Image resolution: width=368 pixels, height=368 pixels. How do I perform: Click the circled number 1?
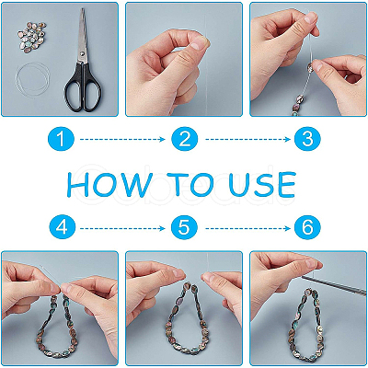click(x=61, y=140)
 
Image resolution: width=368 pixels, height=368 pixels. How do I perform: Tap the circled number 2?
click(x=184, y=140)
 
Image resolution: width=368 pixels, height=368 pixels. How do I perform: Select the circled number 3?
click(x=307, y=140)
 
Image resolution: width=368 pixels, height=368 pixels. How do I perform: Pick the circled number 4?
click(x=63, y=228)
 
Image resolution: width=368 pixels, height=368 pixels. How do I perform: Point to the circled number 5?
click(x=184, y=228)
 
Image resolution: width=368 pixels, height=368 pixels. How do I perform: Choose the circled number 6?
click(x=307, y=228)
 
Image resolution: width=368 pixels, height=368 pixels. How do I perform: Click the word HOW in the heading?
click(x=109, y=185)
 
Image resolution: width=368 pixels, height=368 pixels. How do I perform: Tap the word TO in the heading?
click(x=191, y=185)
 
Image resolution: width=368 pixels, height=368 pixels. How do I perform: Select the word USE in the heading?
click(x=262, y=185)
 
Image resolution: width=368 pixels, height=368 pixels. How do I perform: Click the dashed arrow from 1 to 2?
click(x=122, y=140)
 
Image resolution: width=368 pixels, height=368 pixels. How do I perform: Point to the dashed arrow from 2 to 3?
click(x=247, y=140)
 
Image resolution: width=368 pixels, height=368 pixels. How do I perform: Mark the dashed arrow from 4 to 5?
click(x=122, y=228)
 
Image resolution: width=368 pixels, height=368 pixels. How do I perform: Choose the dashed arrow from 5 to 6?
click(x=247, y=228)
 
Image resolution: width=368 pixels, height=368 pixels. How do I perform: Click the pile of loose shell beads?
click(x=32, y=37)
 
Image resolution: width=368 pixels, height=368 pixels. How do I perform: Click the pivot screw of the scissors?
click(x=83, y=53)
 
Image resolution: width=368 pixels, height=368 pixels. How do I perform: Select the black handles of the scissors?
click(x=82, y=86)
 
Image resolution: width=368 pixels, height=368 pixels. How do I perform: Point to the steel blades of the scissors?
click(x=82, y=35)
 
